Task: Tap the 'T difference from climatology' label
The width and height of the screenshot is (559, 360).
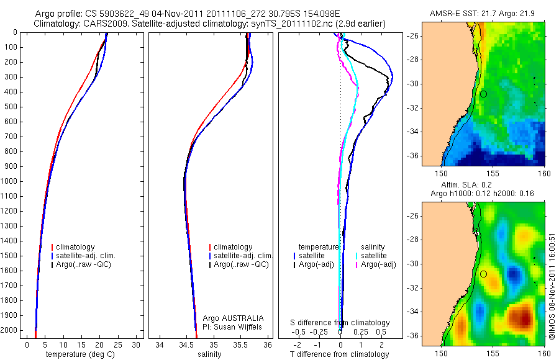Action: pyautogui.click(x=339, y=354)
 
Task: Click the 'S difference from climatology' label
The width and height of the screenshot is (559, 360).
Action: pyautogui.click(x=340, y=323)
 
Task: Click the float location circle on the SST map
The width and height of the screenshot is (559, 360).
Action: pyautogui.click(x=483, y=94)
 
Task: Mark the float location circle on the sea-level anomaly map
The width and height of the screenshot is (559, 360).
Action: pyautogui.click(x=483, y=274)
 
